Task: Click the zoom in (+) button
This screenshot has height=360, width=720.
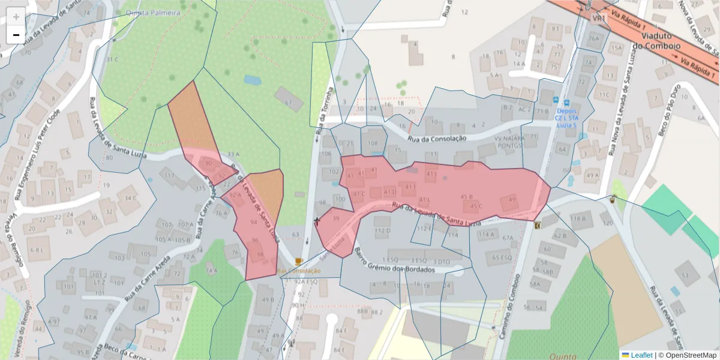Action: (16, 16)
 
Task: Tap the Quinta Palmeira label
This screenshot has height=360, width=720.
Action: (153, 12)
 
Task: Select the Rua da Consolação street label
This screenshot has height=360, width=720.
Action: (437, 139)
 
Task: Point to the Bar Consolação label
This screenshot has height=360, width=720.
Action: (299, 271)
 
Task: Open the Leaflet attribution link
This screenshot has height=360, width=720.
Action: (637, 355)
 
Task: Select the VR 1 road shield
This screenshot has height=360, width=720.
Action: (598, 19)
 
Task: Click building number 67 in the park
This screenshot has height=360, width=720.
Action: (289, 103)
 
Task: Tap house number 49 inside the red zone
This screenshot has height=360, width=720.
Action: (511, 199)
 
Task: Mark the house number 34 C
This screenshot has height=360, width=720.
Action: (130, 197)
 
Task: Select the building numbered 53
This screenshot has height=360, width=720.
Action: (685, 275)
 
